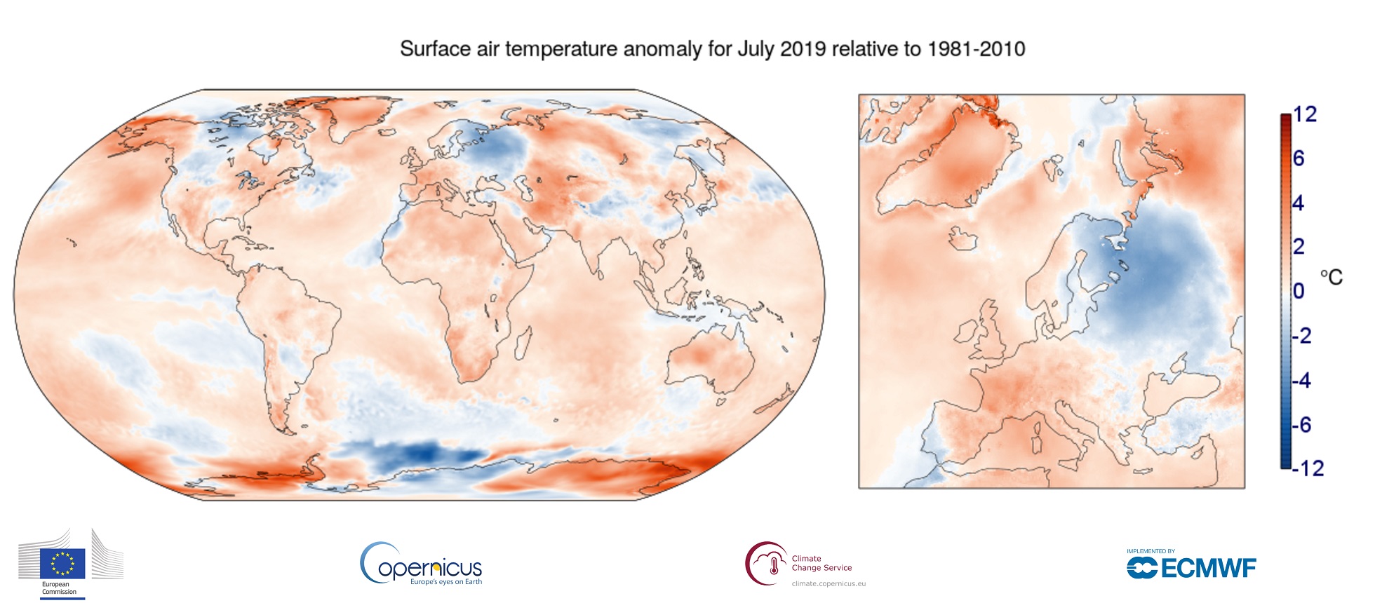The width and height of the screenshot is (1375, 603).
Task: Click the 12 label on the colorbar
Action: (1305, 114)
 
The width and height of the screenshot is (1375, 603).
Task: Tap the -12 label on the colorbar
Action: (1308, 468)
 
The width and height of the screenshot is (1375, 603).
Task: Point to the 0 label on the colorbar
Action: (1299, 290)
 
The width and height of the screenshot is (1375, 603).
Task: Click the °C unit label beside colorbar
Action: (1331, 278)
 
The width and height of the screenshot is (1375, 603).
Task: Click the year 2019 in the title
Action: (804, 49)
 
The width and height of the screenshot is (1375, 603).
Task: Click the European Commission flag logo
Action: (62, 563)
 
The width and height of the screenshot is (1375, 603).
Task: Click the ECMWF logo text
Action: (1207, 568)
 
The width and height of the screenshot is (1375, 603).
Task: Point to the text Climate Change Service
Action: (821, 563)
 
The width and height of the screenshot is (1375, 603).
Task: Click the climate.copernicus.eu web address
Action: (829, 583)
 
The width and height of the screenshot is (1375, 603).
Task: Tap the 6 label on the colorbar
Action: (1299, 158)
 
